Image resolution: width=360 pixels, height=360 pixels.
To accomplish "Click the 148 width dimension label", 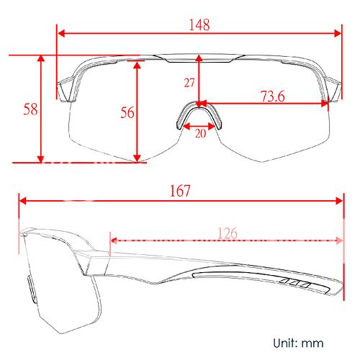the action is [x=199, y=24].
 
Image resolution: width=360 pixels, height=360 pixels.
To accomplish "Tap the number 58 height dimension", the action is [x=30, y=109].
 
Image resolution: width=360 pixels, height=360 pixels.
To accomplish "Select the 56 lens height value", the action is [x=127, y=112].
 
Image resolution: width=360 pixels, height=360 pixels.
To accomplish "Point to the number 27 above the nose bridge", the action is [x=189, y=83].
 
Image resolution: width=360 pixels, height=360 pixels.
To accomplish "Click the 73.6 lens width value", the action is [x=273, y=96].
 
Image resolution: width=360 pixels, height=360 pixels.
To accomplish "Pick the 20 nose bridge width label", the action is [x=200, y=133].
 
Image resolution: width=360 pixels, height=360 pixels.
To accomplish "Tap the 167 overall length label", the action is [x=180, y=191].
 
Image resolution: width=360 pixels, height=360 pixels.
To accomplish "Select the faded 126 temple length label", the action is [x=228, y=233].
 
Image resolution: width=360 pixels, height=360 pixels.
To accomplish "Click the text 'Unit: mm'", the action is [x=298, y=343].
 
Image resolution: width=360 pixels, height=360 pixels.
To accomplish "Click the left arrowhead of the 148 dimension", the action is [x=61, y=34].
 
